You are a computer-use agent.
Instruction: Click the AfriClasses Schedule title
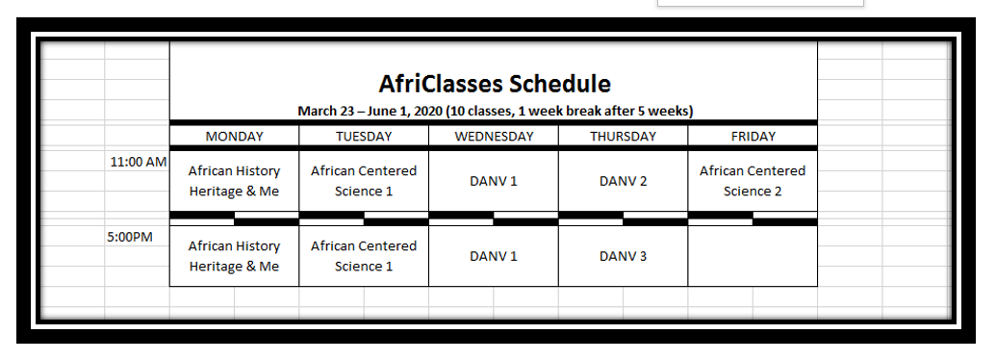click(x=495, y=84)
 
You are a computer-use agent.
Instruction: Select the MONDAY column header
click(x=235, y=136)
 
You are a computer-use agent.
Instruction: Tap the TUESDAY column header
click(x=364, y=136)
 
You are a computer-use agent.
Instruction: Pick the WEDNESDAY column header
click(x=494, y=136)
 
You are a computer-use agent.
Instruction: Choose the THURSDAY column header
click(x=624, y=136)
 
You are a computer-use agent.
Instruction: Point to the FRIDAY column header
click(x=753, y=136)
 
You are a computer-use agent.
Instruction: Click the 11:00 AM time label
click(x=139, y=162)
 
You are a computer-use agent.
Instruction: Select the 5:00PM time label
click(x=130, y=237)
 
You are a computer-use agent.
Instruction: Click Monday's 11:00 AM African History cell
click(x=235, y=181)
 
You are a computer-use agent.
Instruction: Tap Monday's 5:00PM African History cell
click(x=235, y=256)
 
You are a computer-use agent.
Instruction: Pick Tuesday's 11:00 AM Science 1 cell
click(x=364, y=181)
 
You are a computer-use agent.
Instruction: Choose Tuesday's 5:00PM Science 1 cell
click(x=364, y=256)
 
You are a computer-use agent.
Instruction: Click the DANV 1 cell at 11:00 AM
click(x=494, y=181)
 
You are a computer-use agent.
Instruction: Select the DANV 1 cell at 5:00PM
click(x=494, y=256)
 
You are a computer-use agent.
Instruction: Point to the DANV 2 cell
click(x=624, y=181)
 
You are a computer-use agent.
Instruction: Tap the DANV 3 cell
click(x=624, y=256)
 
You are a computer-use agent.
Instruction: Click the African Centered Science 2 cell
click(x=753, y=181)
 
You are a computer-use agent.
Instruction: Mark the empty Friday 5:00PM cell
click(x=753, y=256)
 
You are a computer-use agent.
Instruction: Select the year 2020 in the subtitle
click(x=429, y=111)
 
